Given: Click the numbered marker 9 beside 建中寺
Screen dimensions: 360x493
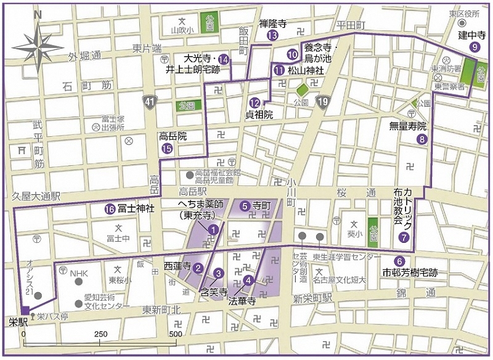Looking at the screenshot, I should tap(475, 46).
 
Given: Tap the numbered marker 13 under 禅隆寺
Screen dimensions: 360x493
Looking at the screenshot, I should tap(272, 36).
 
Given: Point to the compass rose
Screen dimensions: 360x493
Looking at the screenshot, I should tap(38, 46).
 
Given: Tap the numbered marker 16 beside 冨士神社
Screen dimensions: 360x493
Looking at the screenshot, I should tap(108, 209).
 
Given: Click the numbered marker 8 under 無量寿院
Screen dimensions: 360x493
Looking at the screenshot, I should tap(422, 139).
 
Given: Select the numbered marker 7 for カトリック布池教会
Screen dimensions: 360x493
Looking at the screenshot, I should tap(404, 236).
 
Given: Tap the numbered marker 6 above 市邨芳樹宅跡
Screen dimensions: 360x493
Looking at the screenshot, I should tap(399, 260).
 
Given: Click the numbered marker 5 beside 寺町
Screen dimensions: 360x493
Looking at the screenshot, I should tap(245, 205).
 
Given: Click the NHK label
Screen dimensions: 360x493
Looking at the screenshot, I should tap(79, 272).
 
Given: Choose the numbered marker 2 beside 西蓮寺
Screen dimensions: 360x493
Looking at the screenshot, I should tap(198, 268).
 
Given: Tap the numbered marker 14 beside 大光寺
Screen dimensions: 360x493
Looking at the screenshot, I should tap(223, 59).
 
